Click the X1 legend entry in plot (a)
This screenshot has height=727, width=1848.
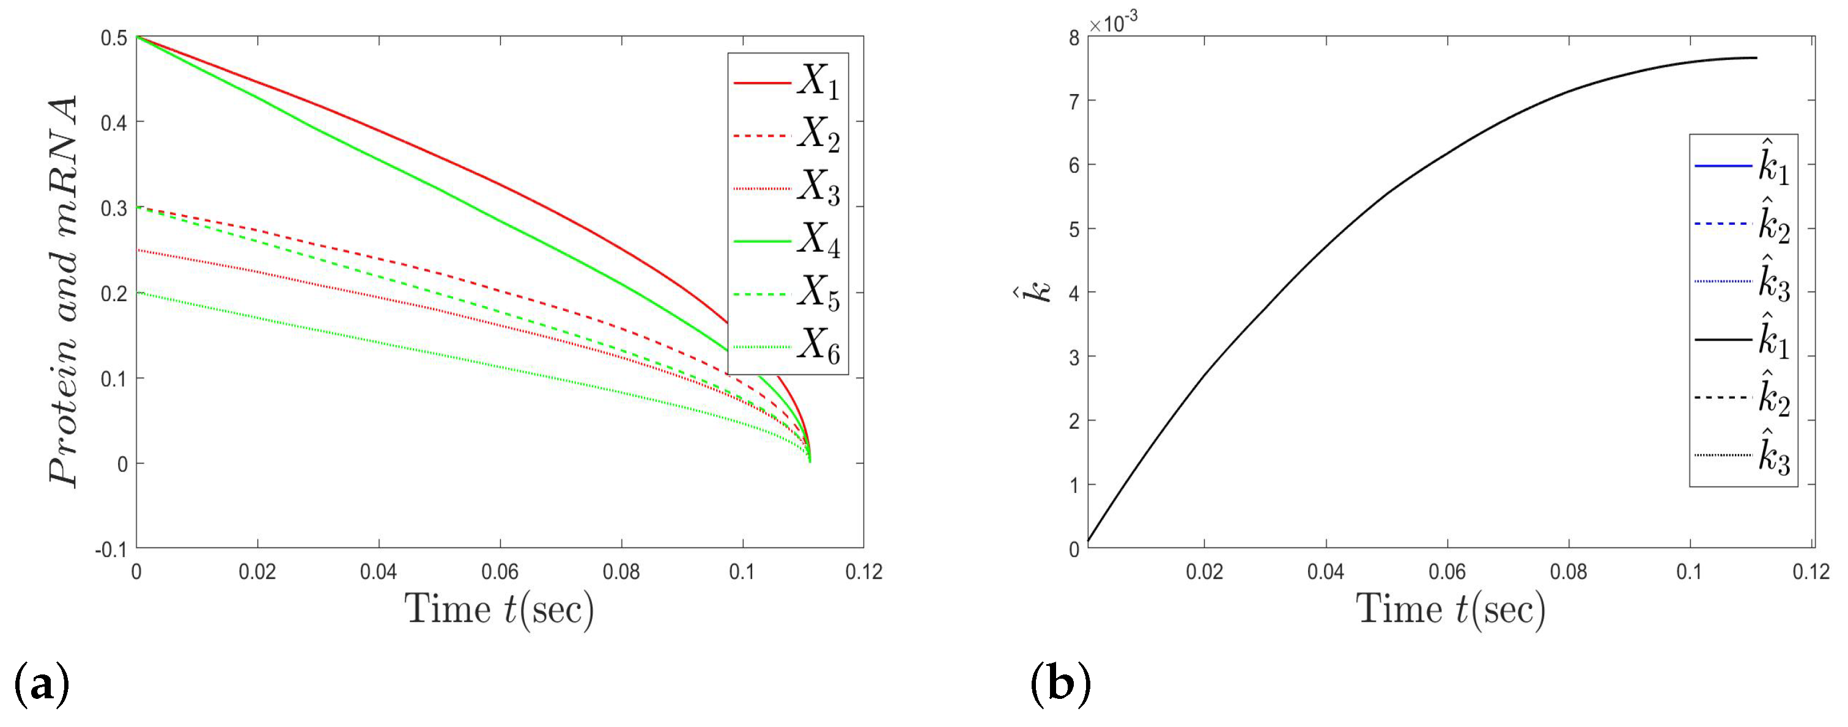(787, 82)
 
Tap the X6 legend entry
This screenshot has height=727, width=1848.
(787, 346)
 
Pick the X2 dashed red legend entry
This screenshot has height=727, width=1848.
(787, 135)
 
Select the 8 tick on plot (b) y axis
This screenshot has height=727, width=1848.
(1073, 38)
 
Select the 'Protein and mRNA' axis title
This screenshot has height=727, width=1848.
(63, 290)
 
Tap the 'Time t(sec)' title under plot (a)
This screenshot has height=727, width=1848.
(500, 610)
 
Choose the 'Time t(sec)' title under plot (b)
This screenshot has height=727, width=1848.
(1450, 610)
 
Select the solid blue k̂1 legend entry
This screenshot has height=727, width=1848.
(1742, 166)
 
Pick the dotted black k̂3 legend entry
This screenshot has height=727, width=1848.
(1742, 455)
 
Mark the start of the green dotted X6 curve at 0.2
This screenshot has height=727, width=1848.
(138, 293)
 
